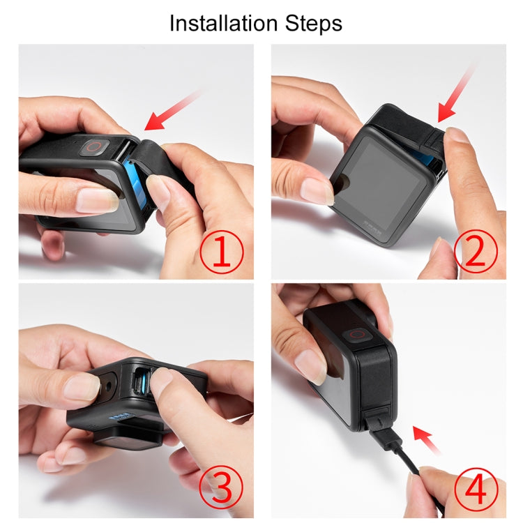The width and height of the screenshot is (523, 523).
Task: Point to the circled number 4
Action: click(476, 488)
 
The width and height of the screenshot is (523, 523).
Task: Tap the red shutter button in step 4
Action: click(359, 334)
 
